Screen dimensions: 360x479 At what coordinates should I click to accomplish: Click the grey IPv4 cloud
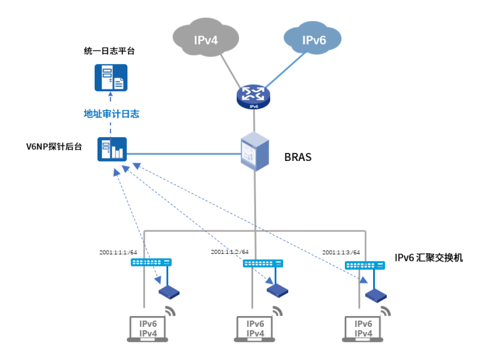click(205, 39)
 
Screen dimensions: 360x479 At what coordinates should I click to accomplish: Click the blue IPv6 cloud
click(313, 39)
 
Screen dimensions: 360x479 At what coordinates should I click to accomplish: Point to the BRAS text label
click(298, 158)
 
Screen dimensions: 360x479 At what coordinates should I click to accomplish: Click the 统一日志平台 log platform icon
click(111, 78)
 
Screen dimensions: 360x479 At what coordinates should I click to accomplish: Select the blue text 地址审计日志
click(112, 114)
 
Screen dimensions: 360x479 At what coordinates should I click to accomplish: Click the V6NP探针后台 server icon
click(112, 149)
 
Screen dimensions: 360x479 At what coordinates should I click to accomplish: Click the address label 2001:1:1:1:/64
click(118, 252)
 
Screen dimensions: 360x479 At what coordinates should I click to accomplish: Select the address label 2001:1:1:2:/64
click(230, 252)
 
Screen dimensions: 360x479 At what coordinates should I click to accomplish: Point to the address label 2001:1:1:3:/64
click(341, 252)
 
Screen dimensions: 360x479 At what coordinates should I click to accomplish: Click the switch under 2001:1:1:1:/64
click(152, 262)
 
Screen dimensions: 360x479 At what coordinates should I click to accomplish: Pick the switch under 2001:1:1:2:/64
click(263, 263)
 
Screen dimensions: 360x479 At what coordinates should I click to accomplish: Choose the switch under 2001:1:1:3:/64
click(365, 265)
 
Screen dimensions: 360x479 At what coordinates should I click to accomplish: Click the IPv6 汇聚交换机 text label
click(428, 258)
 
